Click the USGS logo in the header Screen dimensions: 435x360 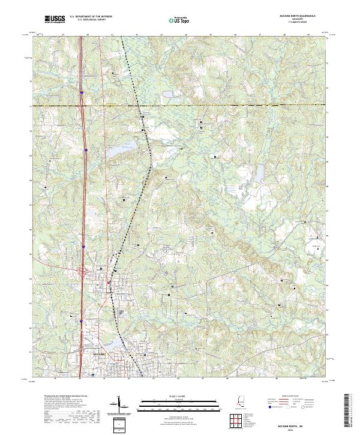[x=55, y=20]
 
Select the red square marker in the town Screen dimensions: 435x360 [x=109, y=283]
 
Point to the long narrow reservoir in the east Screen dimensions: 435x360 [x=259, y=174]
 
